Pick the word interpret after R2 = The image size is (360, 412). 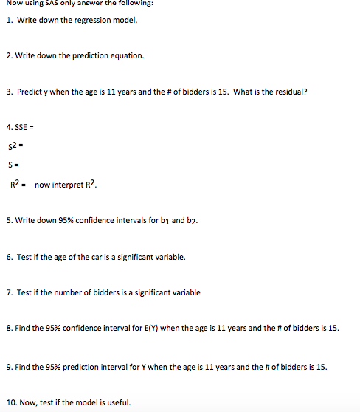(66, 185)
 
